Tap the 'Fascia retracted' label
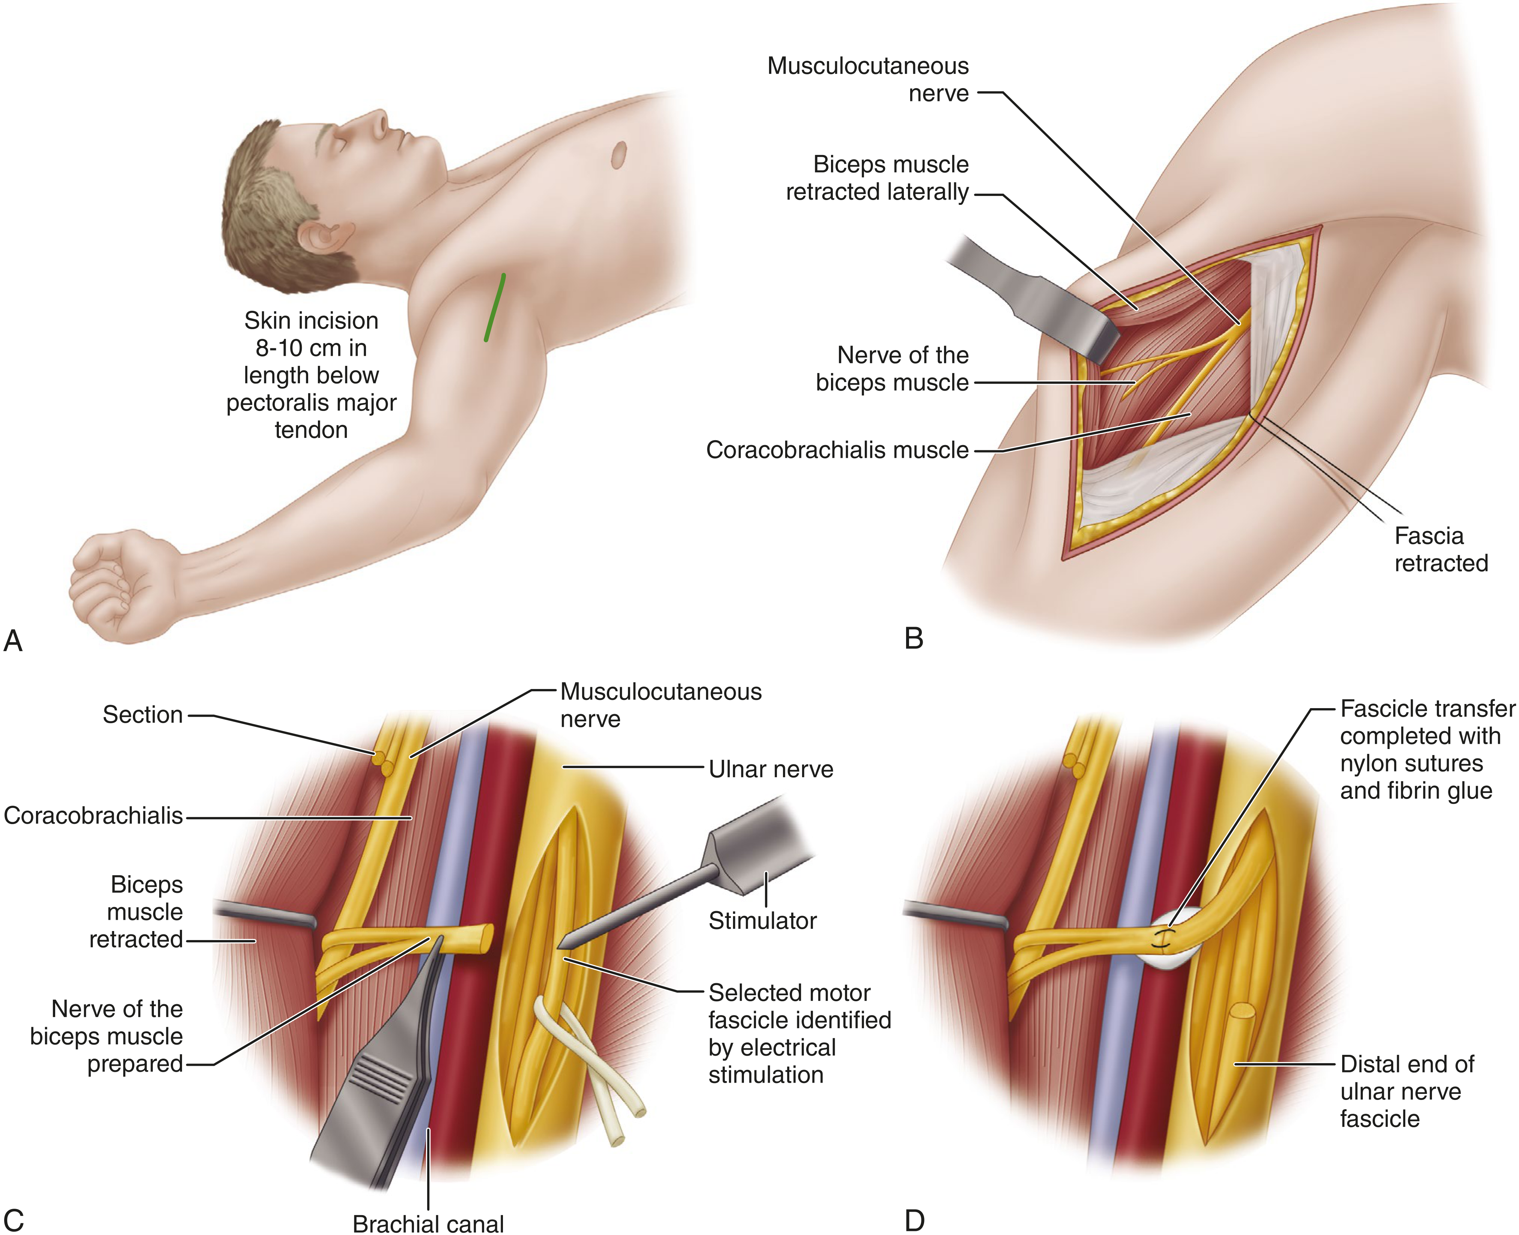pos(1441,549)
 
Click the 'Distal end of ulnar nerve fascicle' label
pos(1407,1091)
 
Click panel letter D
pos(914,1221)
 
